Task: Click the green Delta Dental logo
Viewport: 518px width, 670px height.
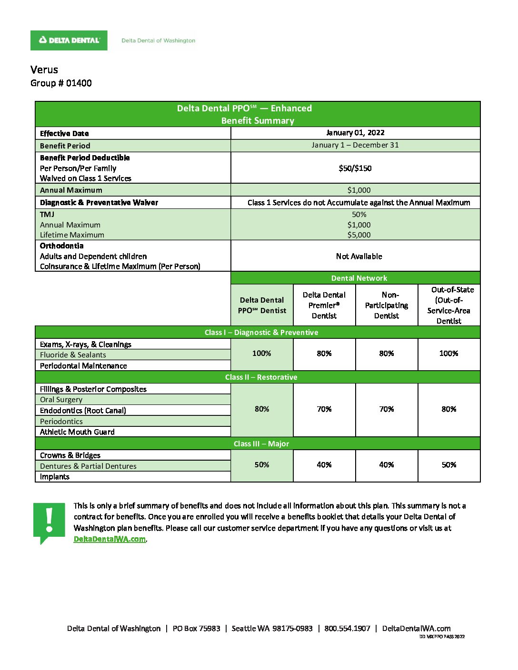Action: point(69,40)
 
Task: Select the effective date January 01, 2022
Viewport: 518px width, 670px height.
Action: point(355,133)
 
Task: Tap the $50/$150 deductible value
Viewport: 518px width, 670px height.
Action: point(355,168)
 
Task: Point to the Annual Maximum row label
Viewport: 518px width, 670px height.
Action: point(71,190)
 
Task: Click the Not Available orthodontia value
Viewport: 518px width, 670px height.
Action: point(359,256)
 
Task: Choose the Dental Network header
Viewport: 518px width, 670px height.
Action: point(359,278)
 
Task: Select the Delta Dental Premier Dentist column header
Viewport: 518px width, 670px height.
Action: point(324,305)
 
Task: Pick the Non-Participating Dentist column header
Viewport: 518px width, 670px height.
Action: point(387,305)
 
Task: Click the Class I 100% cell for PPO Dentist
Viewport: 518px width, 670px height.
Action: point(262,353)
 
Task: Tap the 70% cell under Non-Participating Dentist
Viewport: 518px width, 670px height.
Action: point(387,409)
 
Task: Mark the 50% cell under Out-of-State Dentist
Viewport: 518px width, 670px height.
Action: point(449,464)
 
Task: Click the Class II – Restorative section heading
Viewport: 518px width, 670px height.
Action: point(261,377)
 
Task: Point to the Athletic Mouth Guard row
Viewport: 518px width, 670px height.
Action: point(77,432)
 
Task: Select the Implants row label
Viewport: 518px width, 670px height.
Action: point(55,477)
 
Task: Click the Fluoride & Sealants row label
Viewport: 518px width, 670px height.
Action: point(73,355)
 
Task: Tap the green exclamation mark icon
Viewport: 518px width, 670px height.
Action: point(49,522)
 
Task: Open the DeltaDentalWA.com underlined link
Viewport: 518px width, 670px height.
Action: point(110,539)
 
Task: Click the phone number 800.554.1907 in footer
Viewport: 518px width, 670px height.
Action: point(347,629)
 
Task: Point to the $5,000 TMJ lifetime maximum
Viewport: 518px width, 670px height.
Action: point(359,235)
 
